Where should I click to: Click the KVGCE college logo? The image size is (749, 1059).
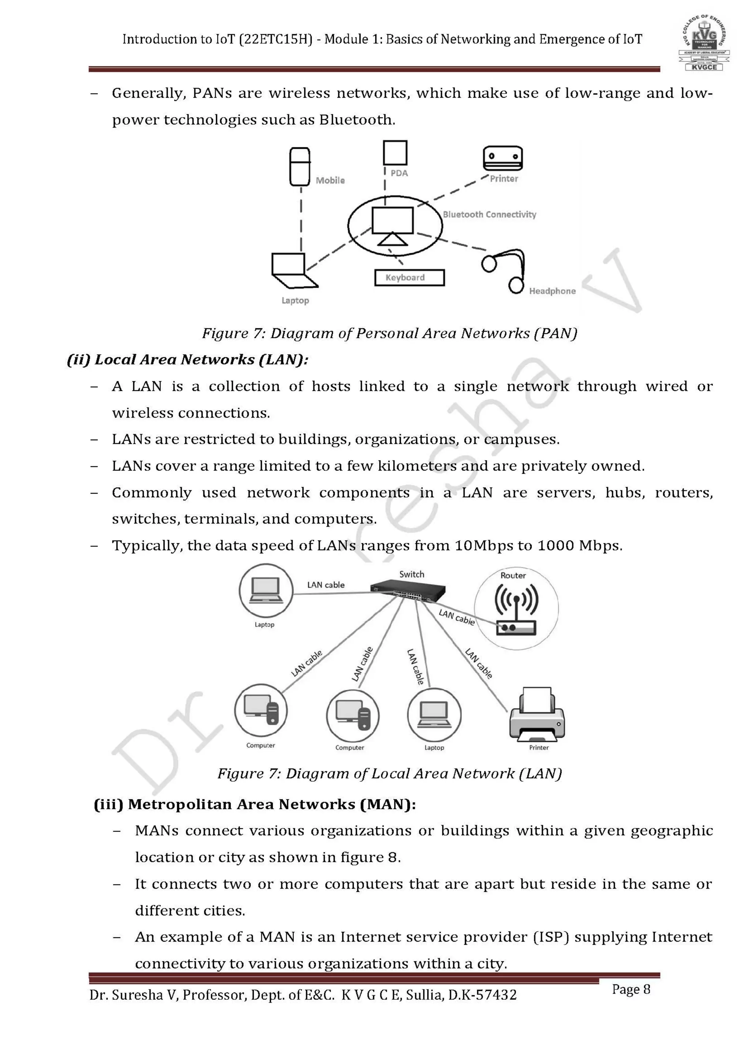704,44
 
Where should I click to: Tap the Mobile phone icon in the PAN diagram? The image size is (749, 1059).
299,166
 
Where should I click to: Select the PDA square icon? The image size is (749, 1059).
395,152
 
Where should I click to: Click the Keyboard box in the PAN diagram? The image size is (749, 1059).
409,278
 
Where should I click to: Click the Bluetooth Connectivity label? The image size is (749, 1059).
489,215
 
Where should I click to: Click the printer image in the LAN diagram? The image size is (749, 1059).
537,715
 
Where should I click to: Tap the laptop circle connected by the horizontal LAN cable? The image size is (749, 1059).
266,591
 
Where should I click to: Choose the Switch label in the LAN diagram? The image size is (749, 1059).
411,574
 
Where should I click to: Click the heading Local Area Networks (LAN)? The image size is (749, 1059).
188,360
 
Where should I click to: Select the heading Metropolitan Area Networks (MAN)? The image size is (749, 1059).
255,804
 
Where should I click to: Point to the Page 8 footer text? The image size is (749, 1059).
631,990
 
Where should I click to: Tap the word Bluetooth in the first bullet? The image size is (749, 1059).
357,120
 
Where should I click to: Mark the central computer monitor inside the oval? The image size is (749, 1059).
392,221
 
